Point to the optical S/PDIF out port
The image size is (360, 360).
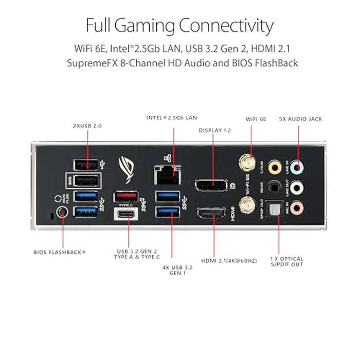pyautogui.click(x=278, y=208)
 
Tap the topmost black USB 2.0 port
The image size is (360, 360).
pyautogui.click(x=87, y=165)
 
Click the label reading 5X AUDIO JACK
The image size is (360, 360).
pyautogui.click(x=300, y=119)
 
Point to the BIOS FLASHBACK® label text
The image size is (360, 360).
pyautogui.click(x=60, y=252)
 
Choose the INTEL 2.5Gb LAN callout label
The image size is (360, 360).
pyautogui.click(x=172, y=118)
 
